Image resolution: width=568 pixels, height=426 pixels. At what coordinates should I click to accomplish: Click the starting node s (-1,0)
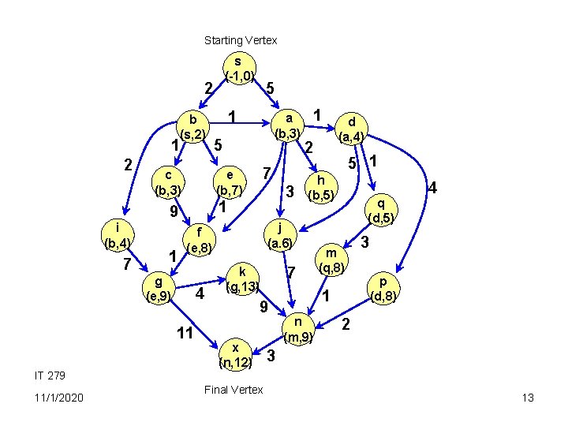click(x=238, y=69)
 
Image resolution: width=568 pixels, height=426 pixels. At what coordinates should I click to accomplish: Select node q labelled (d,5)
click(x=381, y=209)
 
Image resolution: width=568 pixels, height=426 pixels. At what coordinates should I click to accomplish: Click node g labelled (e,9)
click(x=159, y=289)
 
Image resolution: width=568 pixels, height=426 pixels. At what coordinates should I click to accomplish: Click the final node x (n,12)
click(x=236, y=355)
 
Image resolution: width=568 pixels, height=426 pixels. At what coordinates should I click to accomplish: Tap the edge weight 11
click(x=185, y=333)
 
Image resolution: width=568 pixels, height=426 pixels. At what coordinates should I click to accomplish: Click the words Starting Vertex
click(x=241, y=39)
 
